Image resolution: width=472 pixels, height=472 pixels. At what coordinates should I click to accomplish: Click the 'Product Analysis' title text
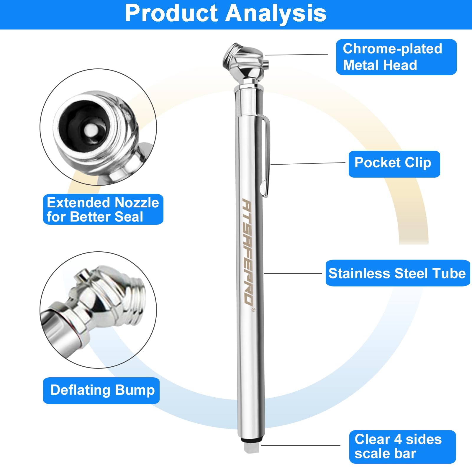[x=226, y=13]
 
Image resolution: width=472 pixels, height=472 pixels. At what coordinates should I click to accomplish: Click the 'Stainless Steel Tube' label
[x=397, y=273]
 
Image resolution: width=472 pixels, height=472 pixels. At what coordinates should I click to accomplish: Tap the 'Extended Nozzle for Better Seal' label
[x=103, y=209]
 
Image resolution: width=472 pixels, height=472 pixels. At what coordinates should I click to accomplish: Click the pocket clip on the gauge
[x=266, y=156]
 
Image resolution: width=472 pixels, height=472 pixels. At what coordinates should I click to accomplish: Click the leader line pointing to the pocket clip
[x=307, y=163]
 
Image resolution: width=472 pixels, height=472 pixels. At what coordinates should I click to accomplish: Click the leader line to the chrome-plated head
[x=296, y=55]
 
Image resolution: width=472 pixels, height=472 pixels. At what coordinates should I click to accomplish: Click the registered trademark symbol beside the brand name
[x=253, y=309]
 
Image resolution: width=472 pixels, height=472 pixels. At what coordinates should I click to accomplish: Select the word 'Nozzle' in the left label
[x=136, y=203]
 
